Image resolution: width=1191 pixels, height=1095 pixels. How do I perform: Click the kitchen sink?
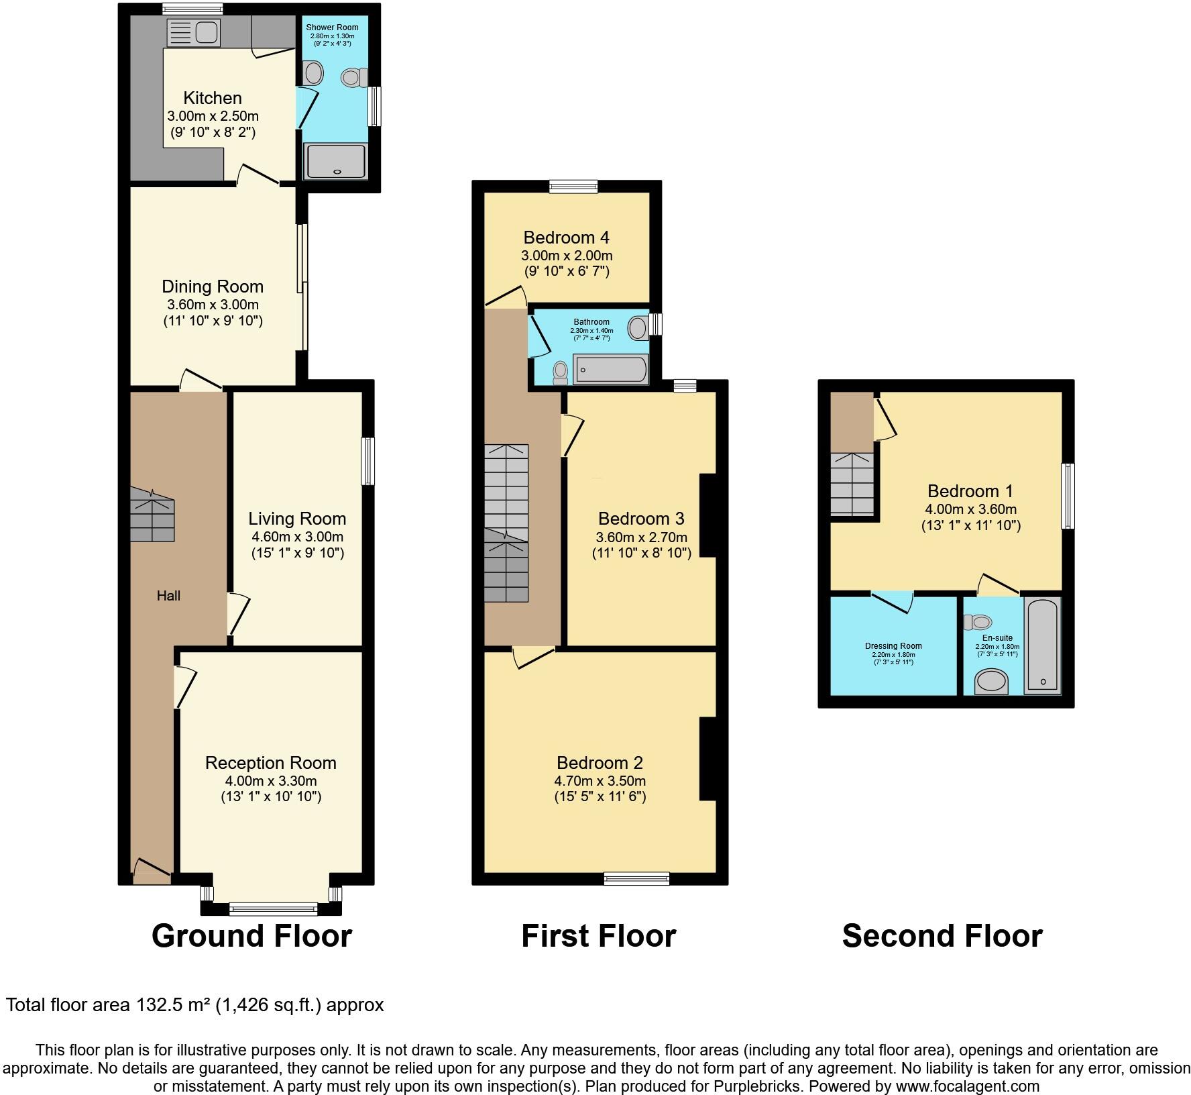click(x=192, y=32)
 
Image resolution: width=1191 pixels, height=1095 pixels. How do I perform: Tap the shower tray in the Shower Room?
click(x=336, y=161)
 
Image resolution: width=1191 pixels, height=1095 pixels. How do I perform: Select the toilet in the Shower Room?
click(x=353, y=79)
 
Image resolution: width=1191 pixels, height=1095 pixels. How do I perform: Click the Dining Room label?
click(x=213, y=286)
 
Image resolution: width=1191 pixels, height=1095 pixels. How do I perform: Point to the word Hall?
click(x=168, y=596)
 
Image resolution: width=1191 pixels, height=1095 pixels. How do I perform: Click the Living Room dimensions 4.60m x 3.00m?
click(x=297, y=537)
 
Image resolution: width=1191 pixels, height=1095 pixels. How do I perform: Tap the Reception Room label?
click(x=270, y=763)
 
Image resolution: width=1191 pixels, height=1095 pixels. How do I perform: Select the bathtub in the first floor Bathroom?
click(x=611, y=370)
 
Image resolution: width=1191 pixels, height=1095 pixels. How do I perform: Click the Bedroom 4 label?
click(x=566, y=238)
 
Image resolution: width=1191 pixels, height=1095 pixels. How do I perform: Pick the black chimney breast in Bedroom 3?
click(x=708, y=515)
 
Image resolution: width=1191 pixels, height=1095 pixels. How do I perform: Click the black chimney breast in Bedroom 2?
click(x=708, y=759)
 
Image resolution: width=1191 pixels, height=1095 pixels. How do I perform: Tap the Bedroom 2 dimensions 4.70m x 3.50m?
click(x=600, y=781)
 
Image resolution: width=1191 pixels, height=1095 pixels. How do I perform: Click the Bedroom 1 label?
click(x=970, y=491)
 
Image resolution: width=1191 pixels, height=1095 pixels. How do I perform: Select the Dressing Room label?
click(x=893, y=646)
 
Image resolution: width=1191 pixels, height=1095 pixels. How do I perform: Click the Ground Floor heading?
click(x=251, y=936)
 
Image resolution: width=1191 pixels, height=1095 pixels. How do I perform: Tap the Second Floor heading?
click(x=942, y=936)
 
